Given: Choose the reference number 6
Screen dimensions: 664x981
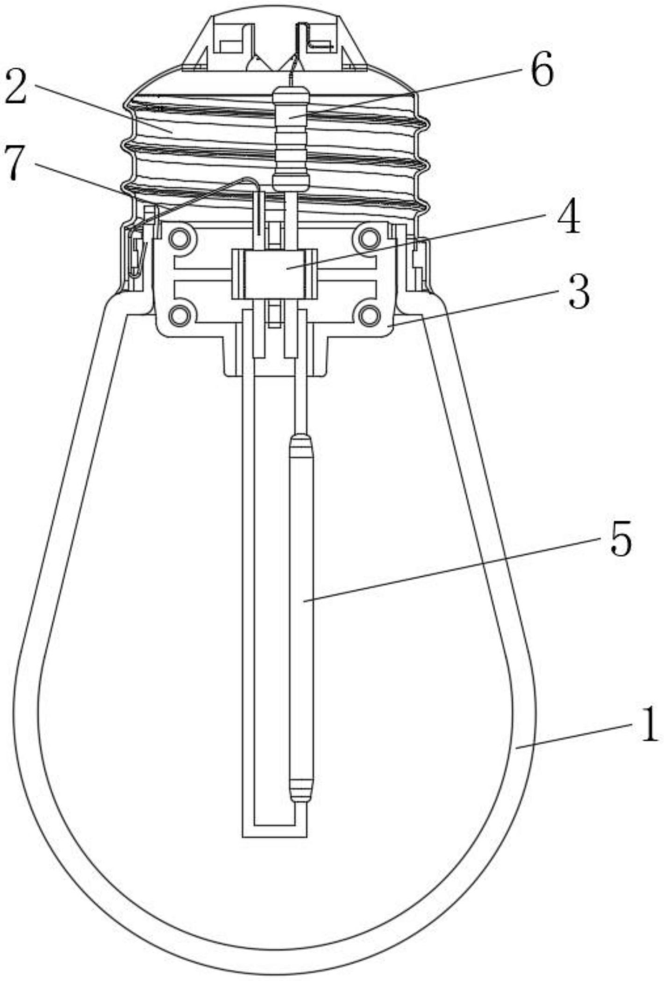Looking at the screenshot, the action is coord(542,70).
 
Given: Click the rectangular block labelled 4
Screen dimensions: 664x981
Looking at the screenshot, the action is coord(273,274).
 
